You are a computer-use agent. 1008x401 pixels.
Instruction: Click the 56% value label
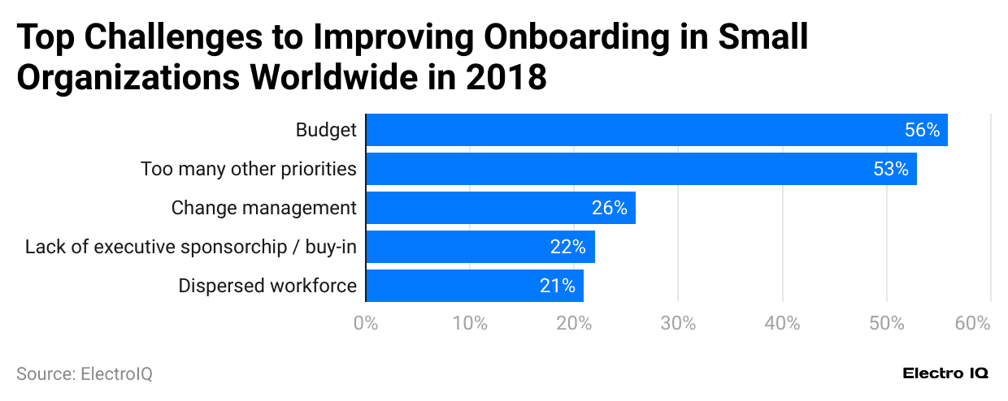(x=922, y=130)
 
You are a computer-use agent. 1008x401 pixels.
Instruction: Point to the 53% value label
(x=891, y=169)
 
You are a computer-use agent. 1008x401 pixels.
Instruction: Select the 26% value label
(x=610, y=208)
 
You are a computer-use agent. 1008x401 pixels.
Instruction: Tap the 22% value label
(x=568, y=247)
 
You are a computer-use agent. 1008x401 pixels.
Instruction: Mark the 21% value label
(x=558, y=286)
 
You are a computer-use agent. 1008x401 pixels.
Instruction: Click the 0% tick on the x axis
(x=366, y=323)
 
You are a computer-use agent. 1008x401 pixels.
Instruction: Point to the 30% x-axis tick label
(x=678, y=323)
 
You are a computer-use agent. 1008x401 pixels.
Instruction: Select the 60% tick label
(x=972, y=323)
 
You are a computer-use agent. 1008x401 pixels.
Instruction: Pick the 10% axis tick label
(x=470, y=323)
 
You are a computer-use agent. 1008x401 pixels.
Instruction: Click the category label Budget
(x=326, y=130)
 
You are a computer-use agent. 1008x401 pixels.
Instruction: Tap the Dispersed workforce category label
(x=267, y=286)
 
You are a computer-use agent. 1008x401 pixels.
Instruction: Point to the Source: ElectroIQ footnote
(x=85, y=374)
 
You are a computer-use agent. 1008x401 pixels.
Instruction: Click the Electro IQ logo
(x=945, y=373)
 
